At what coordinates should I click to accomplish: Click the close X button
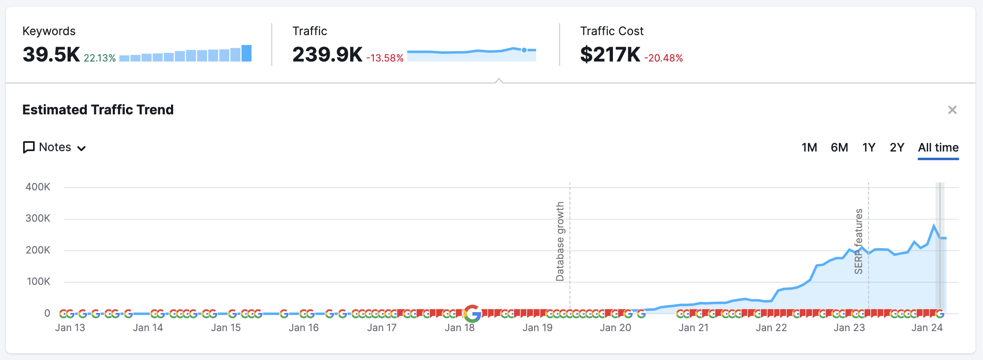952,110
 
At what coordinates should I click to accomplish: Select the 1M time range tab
809,147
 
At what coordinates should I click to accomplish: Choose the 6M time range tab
839,147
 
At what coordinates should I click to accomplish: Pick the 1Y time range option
869,147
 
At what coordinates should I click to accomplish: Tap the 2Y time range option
897,147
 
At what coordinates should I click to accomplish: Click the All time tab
938,147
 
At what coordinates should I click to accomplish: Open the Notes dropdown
55,147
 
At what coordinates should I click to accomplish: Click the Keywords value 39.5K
51,54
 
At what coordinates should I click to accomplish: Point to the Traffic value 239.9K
327,54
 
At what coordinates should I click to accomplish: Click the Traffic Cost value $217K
610,54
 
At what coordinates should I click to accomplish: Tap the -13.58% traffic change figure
385,58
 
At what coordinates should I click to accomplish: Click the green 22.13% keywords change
100,58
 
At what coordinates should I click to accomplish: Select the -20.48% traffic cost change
663,58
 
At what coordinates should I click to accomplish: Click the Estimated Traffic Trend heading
98,110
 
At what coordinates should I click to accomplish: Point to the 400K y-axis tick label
38,187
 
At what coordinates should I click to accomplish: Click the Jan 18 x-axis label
459,328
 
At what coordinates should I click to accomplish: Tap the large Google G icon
472,314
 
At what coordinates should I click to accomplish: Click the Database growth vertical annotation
560,242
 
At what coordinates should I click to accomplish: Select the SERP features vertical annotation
859,242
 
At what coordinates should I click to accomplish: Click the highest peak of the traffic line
933,225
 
